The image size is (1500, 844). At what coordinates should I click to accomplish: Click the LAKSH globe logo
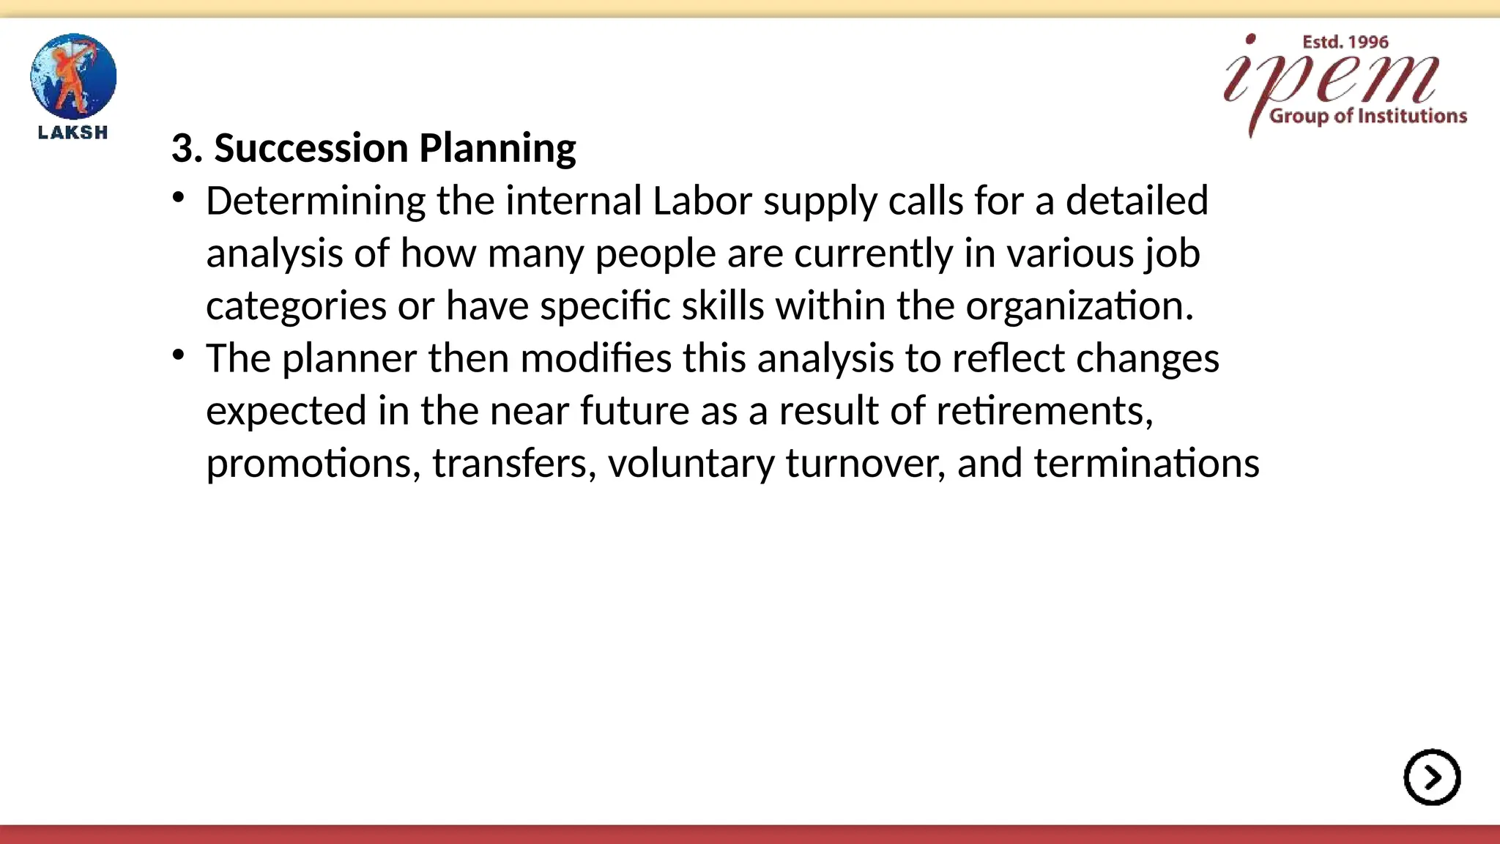(x=73, y=76)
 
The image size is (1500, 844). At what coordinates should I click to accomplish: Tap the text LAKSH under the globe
(x=73, y=133)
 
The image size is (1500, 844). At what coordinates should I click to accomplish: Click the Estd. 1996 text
(x=1345, y=42)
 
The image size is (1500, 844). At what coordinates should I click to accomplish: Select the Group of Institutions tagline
(x=1367, y=116)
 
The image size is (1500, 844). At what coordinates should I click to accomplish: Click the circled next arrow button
(x=1432, y=777)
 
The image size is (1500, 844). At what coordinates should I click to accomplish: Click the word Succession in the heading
(x=311, y=148)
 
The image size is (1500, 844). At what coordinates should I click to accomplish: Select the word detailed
(x=1136, y=201)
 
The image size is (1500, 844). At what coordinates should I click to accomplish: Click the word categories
(x=296, y=306)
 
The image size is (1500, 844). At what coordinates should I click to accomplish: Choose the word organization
(x=1078, y=306)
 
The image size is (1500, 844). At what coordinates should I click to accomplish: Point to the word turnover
(x=864, y=464)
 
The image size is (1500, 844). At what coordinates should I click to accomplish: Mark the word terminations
(x=1146, y=464)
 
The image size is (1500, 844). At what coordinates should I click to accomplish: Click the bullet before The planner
(x=179, y=356)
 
